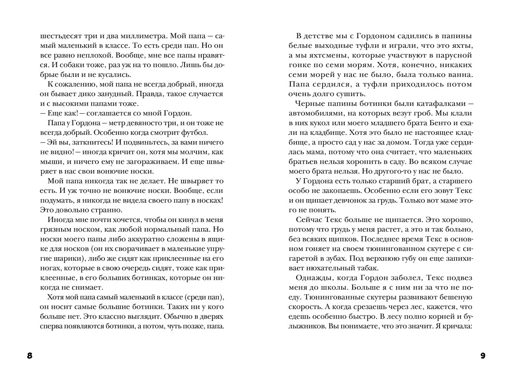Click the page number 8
pos(30,356)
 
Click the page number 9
pos(482,356)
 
